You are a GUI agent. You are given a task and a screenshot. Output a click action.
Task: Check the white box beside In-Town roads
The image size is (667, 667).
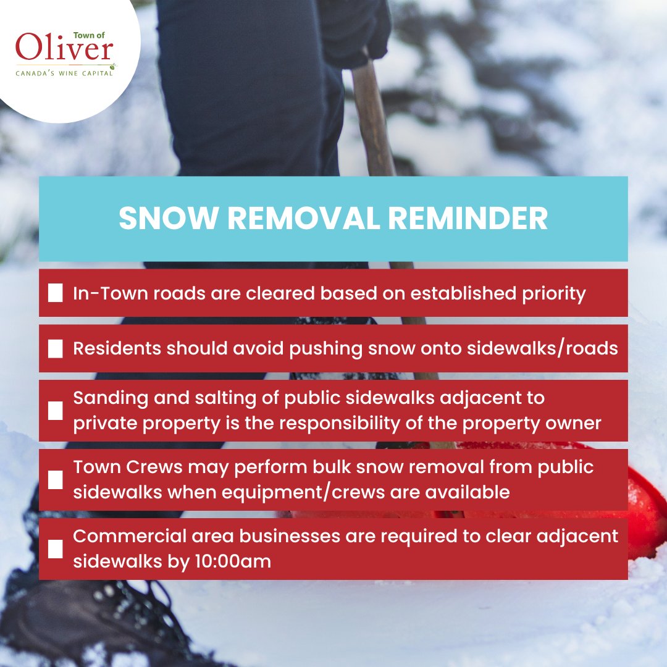tap(56, 293)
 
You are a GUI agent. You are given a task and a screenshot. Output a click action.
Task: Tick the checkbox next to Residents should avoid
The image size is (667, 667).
tap(56, 348)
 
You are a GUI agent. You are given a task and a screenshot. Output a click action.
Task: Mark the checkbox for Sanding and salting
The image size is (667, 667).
tap(56, 410)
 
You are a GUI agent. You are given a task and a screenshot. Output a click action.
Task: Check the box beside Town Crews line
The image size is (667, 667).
tap(56, 479)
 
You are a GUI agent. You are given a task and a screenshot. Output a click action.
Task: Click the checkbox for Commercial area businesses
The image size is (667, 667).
tap(56, 548)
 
